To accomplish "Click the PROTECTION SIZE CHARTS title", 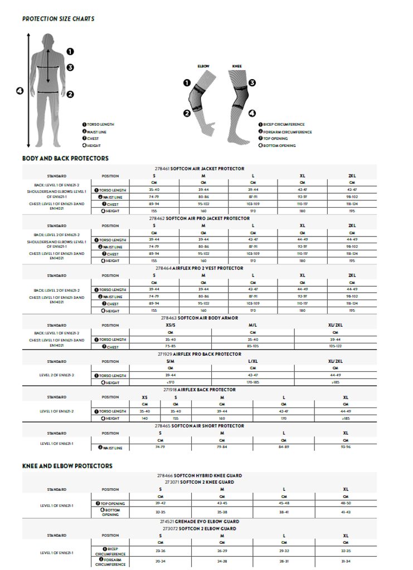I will tap(58, 19).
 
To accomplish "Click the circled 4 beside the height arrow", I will tap(20, 91).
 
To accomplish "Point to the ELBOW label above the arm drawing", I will tap(203, 66).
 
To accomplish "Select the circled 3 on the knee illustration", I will tap(252, 83).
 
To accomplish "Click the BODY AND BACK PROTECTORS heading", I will tap(65, 159).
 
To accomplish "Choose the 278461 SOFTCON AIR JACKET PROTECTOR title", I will tap(199, 169).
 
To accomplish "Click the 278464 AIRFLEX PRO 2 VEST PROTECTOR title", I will tap(199, 268).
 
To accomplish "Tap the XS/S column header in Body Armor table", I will tap(171, 325).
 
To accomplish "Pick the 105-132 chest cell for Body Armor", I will tap(335, 346).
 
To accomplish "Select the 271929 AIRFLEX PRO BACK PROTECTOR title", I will tap(199, 354).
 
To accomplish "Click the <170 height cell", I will tap(171, 382).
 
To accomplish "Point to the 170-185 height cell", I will tap(252, 382).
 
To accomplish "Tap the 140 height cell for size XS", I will tap(145, 418).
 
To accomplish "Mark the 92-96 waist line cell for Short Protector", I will tap(346, 447).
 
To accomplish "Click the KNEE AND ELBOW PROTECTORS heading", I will tap(67, 466).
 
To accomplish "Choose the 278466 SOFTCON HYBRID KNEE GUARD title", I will tap(199, 476).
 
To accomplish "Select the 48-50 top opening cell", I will tap(346, 503).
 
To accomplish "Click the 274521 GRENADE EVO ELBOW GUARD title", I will tap(199, 522).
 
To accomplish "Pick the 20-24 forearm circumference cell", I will tap(160, 562).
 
